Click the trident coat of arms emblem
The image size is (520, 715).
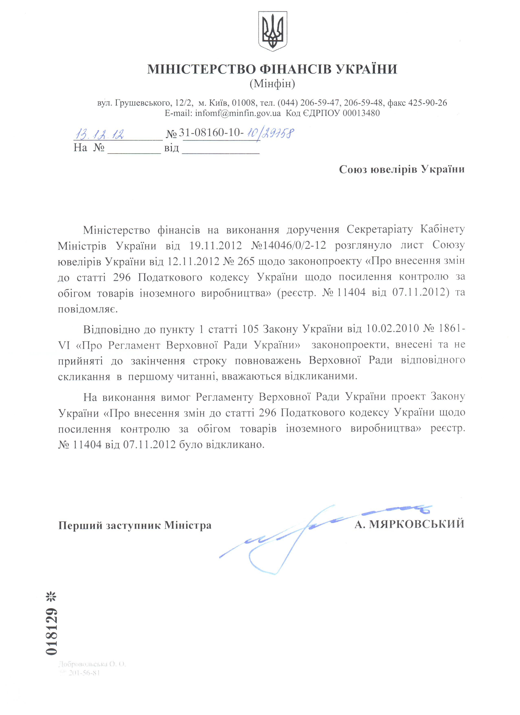tap(272, 31)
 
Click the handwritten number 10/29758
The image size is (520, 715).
tap(270, 133)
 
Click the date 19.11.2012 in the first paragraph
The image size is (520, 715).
tap(216, 245)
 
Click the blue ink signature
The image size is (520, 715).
tap(296, 536)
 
